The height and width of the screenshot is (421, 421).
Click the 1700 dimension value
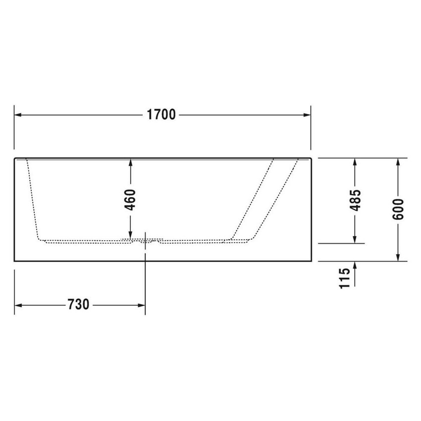coord(161,115)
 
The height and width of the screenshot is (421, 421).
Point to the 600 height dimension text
coord(399,209)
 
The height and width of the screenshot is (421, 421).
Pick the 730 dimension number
coord(78,305)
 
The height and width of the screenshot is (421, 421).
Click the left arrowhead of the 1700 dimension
coord(18,115)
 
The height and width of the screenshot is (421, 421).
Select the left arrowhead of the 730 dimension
coord(18,305)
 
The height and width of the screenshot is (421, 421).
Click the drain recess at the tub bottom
coord(145,241)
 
